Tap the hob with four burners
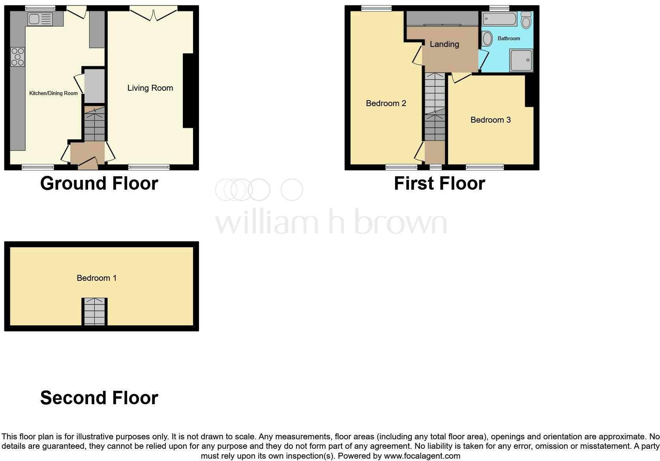[x=17, y=57]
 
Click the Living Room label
[x=150, y=88]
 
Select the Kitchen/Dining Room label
[x=53, y=93]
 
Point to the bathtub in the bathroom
[x=499, y=19]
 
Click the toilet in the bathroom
[x=526, y=20]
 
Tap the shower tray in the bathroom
[x=521, y=60]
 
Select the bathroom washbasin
[x=487, y=39]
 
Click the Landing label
[x=444, y=44]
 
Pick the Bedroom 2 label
[x=386, y=103]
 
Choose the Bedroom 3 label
[x=490, y=120]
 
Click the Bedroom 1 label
[x=96, y=278]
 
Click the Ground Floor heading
[x=99, y=183]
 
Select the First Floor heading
[x=439, y=183]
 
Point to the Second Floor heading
[x=99, y=398]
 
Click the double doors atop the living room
[x=153, y=15]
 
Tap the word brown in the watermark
[x=400, y=223]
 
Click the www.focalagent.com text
[x=422, y=456]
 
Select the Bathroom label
[x=508, y=39]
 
